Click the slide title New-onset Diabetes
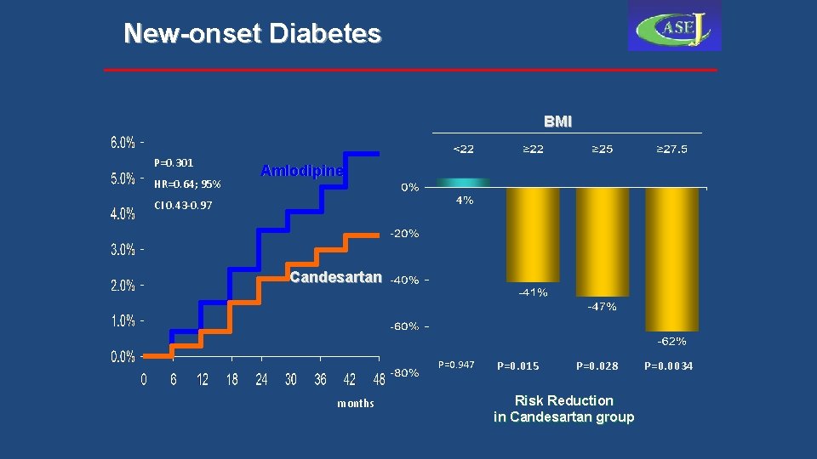pos(252,33)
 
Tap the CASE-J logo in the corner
pos(674,26)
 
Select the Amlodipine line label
pos(302,171)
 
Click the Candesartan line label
pos(335,278)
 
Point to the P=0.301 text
pos(174,162)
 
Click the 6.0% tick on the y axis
pos(123,142)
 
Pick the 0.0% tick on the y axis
pos(123,357)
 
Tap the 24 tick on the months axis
pos(261,380)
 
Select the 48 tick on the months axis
pos(379,380)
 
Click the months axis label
pos(355,403)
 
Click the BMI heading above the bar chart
pos(558,122)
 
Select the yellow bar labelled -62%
pos(671,259)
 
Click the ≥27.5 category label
pos(671,150)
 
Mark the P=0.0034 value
pos(668,366)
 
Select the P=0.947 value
pos(456,365)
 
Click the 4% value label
pos(464,201)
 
